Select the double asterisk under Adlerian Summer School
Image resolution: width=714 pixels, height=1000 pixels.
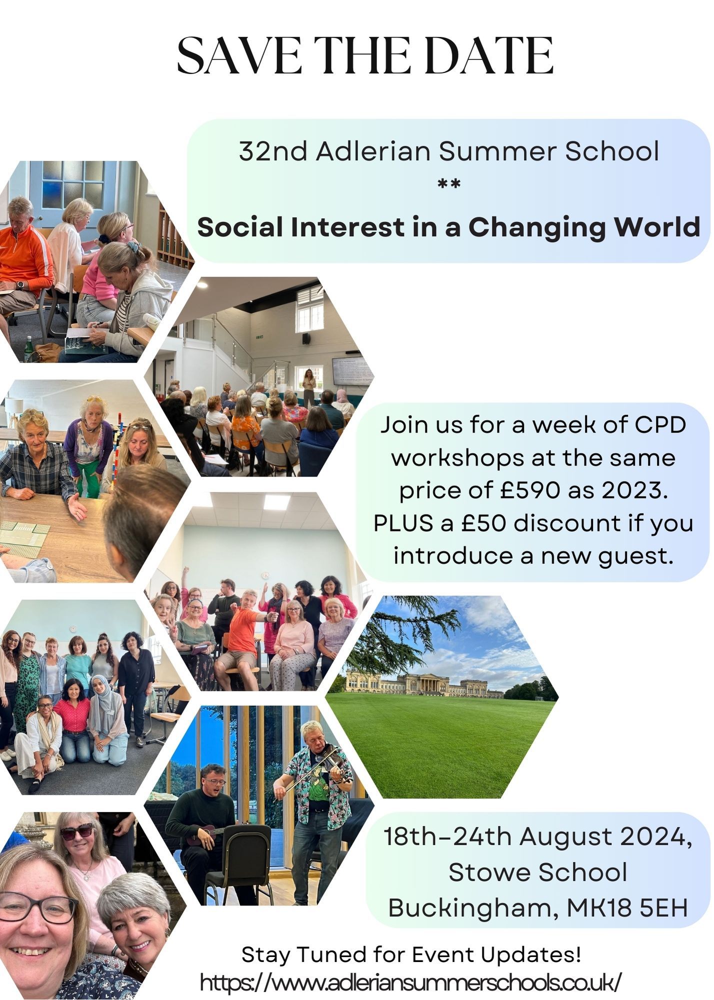[448, 184]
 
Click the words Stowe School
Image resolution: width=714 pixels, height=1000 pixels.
[537, 872]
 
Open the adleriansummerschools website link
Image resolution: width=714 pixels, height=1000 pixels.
[411, 982]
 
